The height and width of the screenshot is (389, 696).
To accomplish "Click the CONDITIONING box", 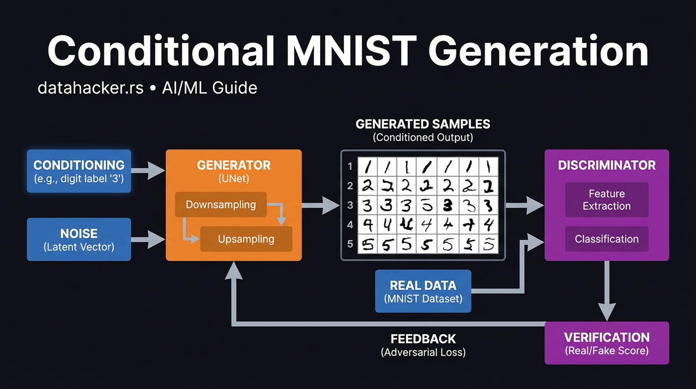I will [79, 171].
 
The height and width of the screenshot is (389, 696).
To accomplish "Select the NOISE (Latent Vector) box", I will [79, 240].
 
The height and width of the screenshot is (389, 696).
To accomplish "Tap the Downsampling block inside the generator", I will [221, 205].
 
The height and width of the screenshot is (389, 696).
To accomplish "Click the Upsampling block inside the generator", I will [246, 239].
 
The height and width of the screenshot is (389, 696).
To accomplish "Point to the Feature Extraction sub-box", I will [607, 200].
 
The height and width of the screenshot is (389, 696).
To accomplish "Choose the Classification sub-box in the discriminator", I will [607, 239].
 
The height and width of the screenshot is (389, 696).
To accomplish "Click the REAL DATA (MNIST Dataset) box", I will [423, 291].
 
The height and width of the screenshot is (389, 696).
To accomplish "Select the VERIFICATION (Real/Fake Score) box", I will [607, 343].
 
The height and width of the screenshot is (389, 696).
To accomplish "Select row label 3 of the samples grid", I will [350, 205].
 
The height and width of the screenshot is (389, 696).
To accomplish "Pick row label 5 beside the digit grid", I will [350, 244].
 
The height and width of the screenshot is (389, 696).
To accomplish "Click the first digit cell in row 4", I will [368, 225].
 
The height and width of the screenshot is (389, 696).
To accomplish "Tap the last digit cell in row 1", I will [488, 167].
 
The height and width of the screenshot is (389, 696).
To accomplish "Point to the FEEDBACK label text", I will [423, 339].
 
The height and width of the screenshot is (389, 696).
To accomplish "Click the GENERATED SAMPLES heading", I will [423, 124].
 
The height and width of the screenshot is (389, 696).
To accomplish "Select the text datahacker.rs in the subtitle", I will [90, 88].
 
